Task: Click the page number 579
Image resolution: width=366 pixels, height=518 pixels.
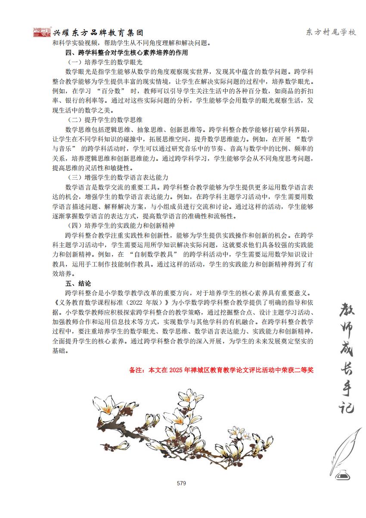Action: (x=181, y=483)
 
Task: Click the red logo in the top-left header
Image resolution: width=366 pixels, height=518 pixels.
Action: (x=42, y=32)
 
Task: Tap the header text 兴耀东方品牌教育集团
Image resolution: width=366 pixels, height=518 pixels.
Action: (x=98, y=33)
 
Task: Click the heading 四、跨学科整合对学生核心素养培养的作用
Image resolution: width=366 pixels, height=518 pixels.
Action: (x=126, y=52)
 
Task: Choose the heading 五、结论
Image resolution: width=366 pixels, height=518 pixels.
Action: (x=78, y=283)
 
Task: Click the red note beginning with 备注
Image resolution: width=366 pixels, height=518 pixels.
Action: (x=221, y=369)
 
